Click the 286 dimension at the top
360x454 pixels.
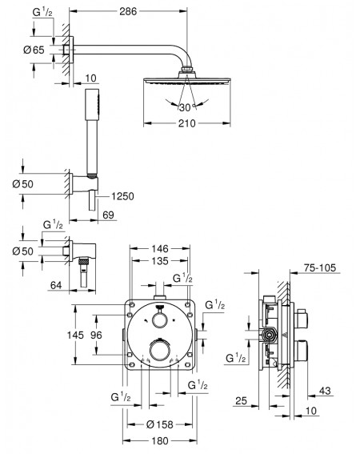(x=128, y=11)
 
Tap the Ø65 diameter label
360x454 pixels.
(x=34, y=50)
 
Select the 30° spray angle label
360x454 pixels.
(x=186, y=108)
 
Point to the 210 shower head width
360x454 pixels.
(x=187, y=123)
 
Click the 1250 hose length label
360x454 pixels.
(x=123, y=196)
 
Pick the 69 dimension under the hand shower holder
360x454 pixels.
(x=108, y=215)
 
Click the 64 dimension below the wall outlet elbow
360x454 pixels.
(x=56, y=285)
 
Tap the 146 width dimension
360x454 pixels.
(x=160, y=248)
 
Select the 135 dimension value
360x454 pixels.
(x=160, y=261)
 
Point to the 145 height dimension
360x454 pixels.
(x=75, y=335)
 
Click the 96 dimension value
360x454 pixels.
(x=96, y=335)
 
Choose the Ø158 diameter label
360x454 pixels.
(x=160, y=424)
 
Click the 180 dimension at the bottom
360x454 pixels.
(x=160, y=440)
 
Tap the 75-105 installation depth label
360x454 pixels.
(x=320, y=267)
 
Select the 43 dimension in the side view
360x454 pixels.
(x=325, y=391)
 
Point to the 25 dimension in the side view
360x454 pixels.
(x=241, y=400)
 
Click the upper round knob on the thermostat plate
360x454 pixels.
(x=160, y=320)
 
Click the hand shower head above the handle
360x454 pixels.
(x=92, y=105)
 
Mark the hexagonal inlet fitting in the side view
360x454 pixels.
(x=269, y=335)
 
